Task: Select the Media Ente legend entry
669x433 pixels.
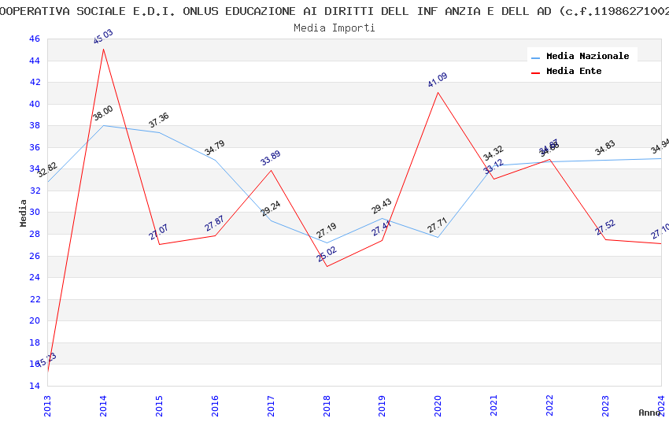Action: [574, 72]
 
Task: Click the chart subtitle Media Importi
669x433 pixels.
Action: [334, 28]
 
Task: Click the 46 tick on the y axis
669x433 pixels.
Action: [33, 39]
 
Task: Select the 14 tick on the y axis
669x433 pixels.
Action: [33, 386]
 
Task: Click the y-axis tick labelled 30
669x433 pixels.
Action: [33, 213]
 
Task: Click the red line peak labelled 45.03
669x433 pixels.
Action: [104, 49]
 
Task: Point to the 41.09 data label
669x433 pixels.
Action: [438, 80]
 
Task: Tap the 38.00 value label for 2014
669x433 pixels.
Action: [103, 113]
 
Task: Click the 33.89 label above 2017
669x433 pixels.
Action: [271, 158]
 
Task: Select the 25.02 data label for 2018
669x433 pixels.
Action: [327, 254]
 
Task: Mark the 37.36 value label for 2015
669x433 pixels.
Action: [159, 120]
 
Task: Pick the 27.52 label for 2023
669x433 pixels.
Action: [605, 228]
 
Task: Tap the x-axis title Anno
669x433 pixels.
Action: [649, 413]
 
